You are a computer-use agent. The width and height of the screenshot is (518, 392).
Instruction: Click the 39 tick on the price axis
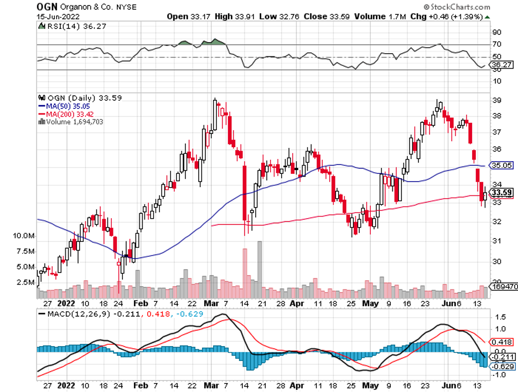[496, 100]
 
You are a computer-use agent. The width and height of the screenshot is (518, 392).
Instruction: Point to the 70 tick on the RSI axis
[496, 44]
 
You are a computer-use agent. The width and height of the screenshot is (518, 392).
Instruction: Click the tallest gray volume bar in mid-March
[260, 264]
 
